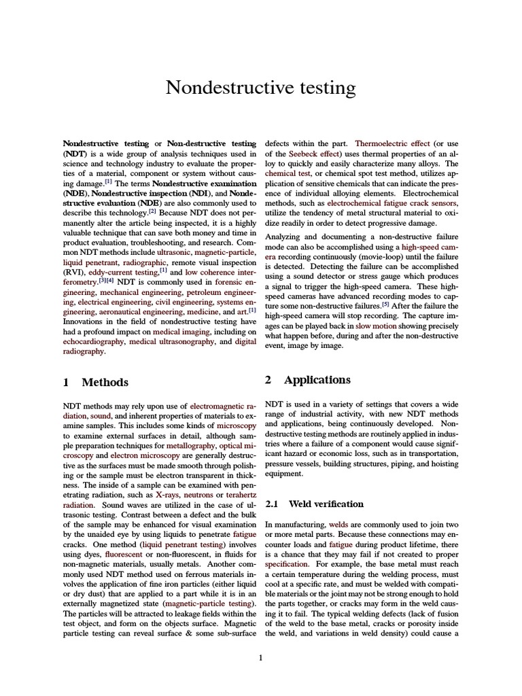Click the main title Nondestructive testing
pyautogui.click(x=261, y=88)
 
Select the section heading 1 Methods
pyautogui.click(x=96, y=382)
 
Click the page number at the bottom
pyautogui.click(x=260, y=657)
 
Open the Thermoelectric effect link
pyautogui.click(x=392, y=144)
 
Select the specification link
pyautogui.click(x=287, y=564)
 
